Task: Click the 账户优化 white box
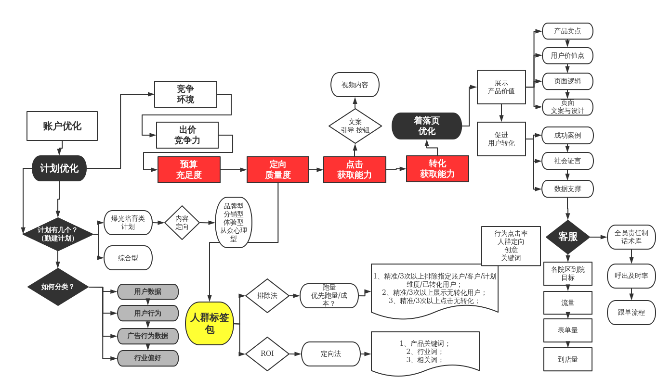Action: pos(62,126)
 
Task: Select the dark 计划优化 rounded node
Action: pos(59,168)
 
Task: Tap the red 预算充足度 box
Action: pos(189,170)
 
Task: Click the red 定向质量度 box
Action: pos(278,170)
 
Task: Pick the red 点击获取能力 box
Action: pos(355,170)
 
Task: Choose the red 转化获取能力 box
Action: pos(437,169)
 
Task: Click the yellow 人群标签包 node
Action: pos(210,323)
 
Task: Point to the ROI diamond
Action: pos(267,353)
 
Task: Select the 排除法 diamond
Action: pos(267,295)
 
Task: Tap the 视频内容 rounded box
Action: pos(355,85)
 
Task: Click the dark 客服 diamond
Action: pos(568,237)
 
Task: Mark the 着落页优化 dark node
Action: pos(427,126)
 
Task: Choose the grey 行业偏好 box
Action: pos(148,358)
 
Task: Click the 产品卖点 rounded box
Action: pos(567,31)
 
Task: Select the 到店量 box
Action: pos(568,359)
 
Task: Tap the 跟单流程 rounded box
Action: pos(631,313)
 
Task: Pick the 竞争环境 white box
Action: pos(185,94)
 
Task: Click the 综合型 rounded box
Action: pos(128,258)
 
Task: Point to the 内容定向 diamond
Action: pos(182,223)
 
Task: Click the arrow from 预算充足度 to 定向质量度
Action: pos(234,170)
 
